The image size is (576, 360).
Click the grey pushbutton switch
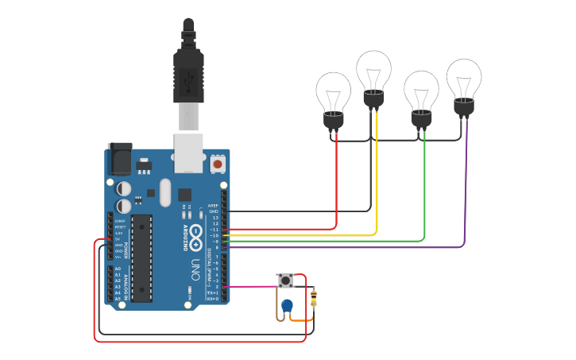pyautogui.click(x=285, y=281)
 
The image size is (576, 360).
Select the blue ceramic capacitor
pyautogui.click(x=287, y=305)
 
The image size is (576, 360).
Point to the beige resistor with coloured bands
pyautogui.click(x=313, y=298)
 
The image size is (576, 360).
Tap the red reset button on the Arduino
pyautogui.click(x=218, y=165)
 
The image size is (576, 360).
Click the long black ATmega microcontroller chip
pyautogui.click(x=141, y=257)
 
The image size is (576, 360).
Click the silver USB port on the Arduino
pyautogui.click(x=188, y=153)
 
